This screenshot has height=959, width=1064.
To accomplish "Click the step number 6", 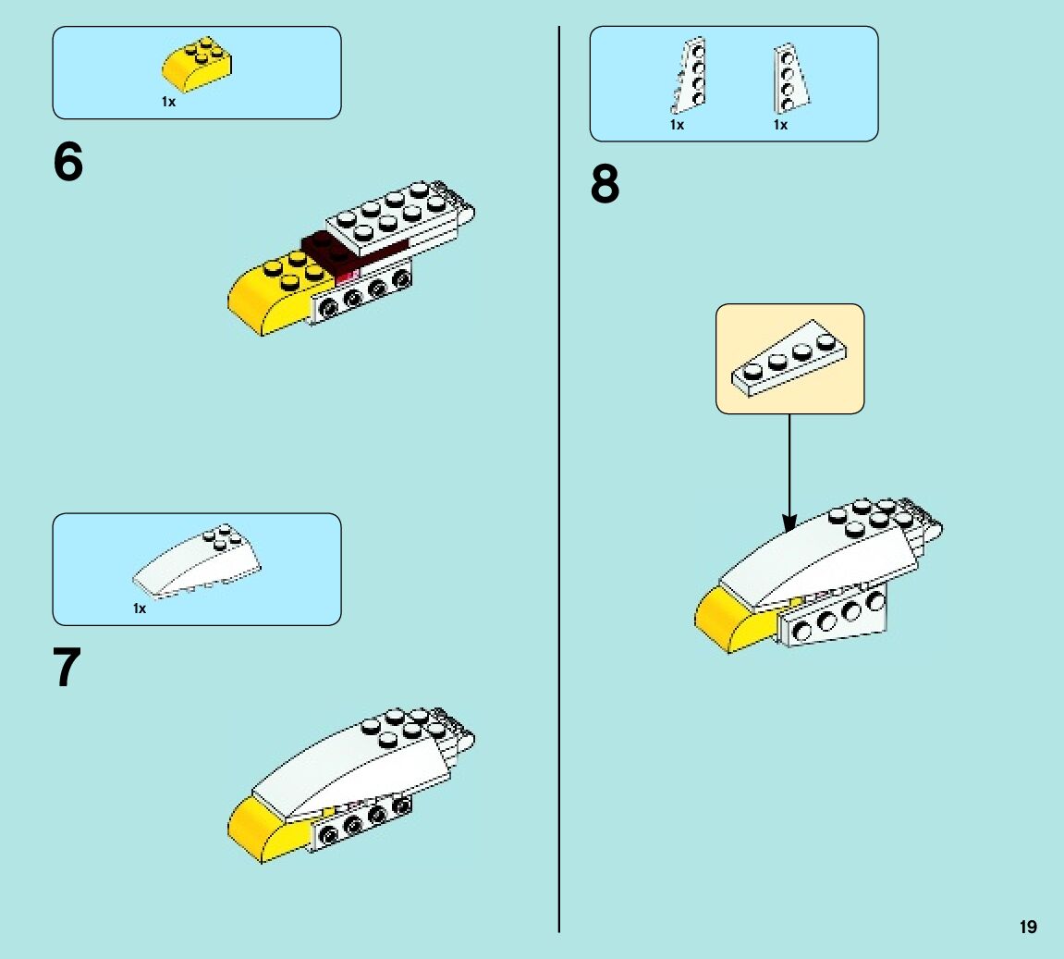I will pyautogui.click(x=68, y=164).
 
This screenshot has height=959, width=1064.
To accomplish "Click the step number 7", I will pyautogui.click(x=67, y=669).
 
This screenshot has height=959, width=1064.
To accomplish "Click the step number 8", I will pyautogui.click(x=605, y=185).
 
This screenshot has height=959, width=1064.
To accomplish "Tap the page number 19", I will pyautogui.click(x=1028, y=928).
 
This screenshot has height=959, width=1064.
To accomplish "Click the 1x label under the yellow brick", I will pyautogui.click(x=168, y=103).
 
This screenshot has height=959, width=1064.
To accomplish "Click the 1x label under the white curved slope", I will pyautogui.click(x=140, y=609).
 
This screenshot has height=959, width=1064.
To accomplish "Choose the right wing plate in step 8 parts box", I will pyautogui.click(x=789, y=78).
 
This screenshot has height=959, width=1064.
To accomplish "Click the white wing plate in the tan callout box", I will pyautogui.click(x=789, y=359).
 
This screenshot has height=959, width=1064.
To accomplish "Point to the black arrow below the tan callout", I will pyautogui.click(x=789, y=472).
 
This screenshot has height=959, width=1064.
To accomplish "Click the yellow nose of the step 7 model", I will pyautogui.click(x=263, y=828).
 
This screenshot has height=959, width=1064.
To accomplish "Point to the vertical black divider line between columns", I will pyautogui.click(x=559, y=462).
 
